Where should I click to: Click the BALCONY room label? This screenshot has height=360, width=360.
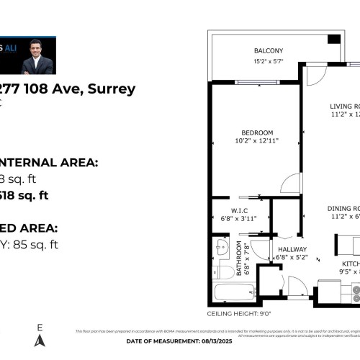point(268,50)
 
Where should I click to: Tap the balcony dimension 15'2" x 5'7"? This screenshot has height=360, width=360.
point(268,61)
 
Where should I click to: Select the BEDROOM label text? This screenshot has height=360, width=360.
point(257,132)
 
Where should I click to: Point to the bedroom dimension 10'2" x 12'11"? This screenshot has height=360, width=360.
point(257,140)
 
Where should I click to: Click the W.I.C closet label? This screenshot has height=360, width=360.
point(230,210)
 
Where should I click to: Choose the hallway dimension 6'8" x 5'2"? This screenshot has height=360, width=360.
point(292,257)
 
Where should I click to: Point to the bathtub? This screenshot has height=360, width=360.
point(234,293)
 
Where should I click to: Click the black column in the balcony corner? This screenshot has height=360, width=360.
point(333,37)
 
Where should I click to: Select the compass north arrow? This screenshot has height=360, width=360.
point(40,338)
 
